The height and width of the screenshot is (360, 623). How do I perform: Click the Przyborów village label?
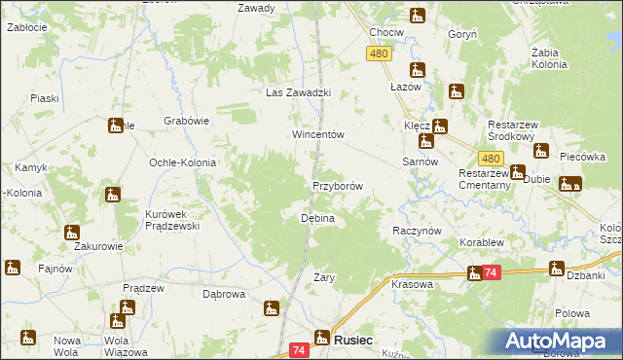[337, 185]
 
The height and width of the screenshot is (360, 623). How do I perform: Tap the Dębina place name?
[317, 219]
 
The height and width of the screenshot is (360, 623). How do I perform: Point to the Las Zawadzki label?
[300, 93]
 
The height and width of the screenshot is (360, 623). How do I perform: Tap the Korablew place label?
[481, 240]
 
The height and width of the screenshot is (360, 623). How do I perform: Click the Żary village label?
[297, 278]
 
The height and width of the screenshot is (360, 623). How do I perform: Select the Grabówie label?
[187, 122]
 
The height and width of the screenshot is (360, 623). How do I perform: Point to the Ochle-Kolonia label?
[181, 162]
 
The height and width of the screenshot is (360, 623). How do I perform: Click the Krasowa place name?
[412, 284]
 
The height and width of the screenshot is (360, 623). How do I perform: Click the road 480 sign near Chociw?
[380, 54]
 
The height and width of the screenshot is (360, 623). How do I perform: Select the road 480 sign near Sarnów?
[491, 158]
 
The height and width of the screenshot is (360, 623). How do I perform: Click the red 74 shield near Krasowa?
[492, 274]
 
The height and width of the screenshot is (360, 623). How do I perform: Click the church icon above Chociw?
[417, 16]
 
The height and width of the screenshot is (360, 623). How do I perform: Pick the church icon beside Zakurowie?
[72, 232]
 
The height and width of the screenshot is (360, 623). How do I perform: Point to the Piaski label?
[45, 98]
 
